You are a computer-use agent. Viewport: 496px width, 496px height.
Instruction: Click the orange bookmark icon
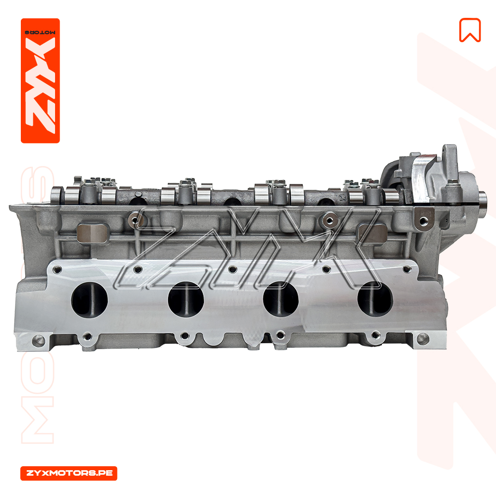(470, 30)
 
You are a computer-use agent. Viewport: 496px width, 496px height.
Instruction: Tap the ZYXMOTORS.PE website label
(69, 473)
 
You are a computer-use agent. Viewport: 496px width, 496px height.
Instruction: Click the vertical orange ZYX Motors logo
(40, 81)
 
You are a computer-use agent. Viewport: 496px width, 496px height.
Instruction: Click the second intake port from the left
(186, 300)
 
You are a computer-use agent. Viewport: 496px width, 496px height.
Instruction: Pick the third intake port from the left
(281, 299)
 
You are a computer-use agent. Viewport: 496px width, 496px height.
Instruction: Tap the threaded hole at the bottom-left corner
(39, 341)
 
